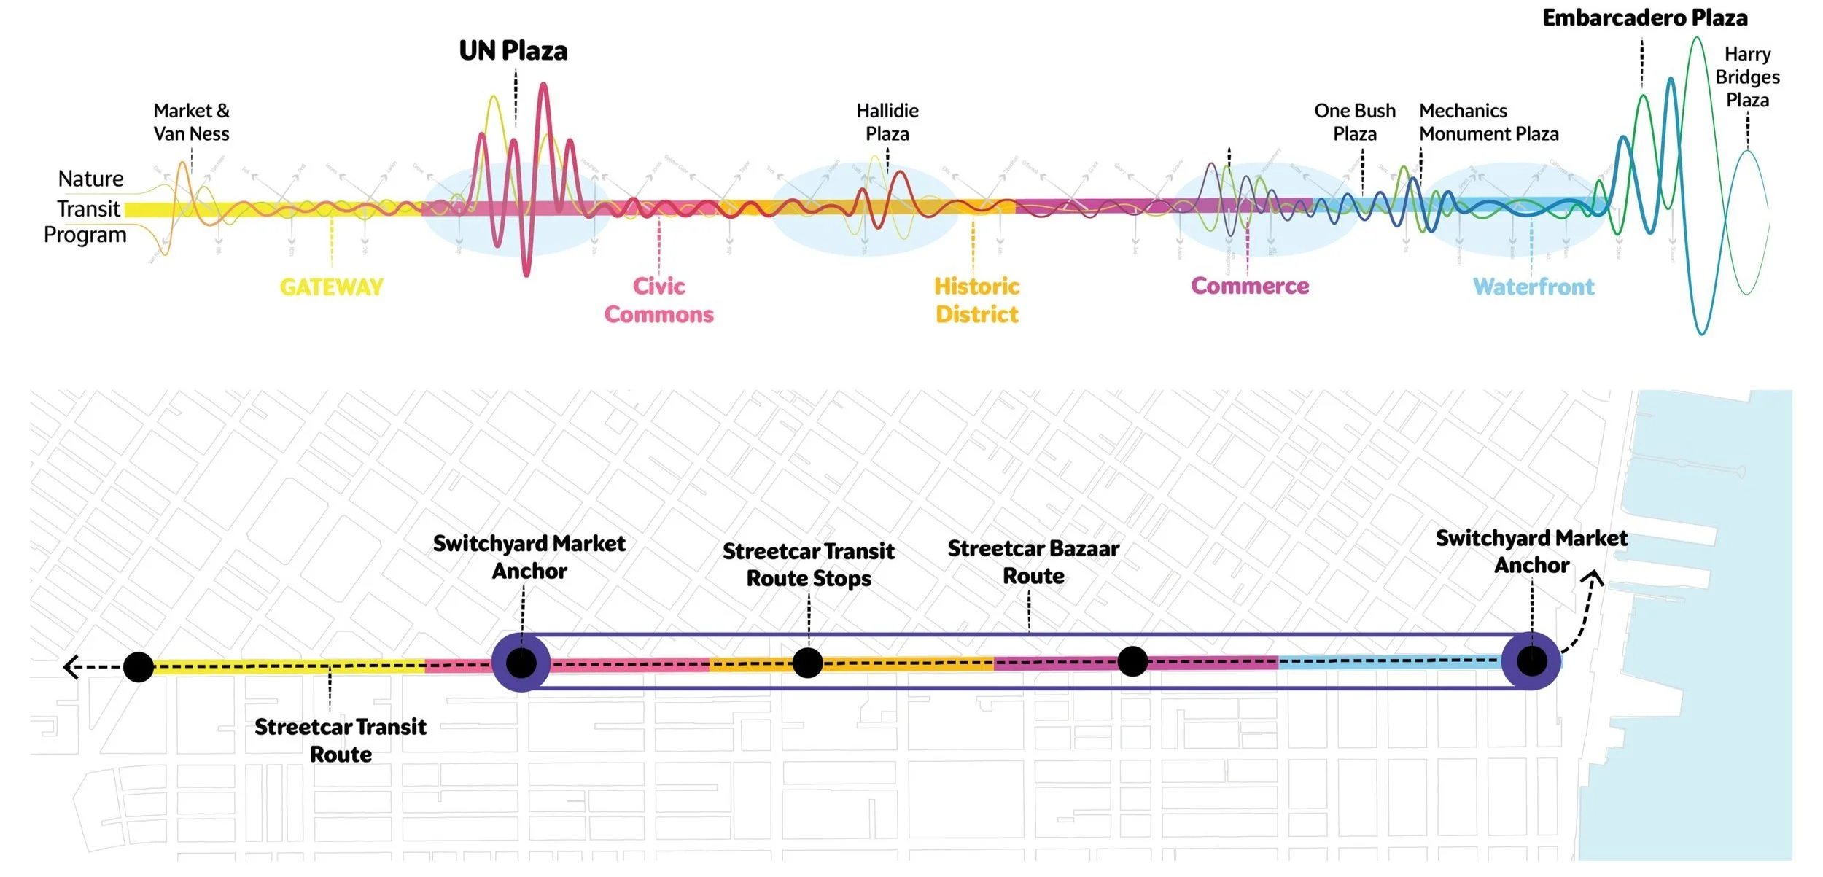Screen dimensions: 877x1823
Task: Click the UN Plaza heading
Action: click(513, 51)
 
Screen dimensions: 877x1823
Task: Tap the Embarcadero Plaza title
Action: click(1644, 17)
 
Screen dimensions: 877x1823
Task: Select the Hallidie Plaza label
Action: click(887, 122)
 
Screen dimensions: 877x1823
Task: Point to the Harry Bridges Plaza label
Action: click(1746, 77)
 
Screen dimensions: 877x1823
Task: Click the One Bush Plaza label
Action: click(1354, 122)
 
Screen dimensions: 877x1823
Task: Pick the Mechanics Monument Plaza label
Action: click(1488, 122)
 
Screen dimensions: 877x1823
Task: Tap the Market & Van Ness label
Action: click(191, 122)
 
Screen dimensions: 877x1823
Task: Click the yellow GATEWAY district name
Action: click(331, 287)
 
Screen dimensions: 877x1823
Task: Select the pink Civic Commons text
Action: click(658, 300)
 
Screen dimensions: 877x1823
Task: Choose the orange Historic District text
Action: click(976, 300)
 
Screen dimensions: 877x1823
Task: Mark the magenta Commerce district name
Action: click(1249, 286)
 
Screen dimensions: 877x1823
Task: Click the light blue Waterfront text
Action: click(1533, 287)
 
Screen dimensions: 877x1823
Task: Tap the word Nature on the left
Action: click(90, 179)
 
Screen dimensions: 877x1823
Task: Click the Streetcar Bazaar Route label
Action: click(1033, 562)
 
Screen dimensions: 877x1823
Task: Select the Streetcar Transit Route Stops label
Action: click(808, 564)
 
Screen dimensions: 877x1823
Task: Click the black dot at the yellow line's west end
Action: click(138, 666)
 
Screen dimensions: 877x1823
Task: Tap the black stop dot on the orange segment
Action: click(806, 663)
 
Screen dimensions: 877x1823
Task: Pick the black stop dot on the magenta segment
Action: click(1132, 661)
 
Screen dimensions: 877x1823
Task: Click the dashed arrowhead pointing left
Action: click(71, 666)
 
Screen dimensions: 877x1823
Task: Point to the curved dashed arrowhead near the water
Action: click(1593, 579)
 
